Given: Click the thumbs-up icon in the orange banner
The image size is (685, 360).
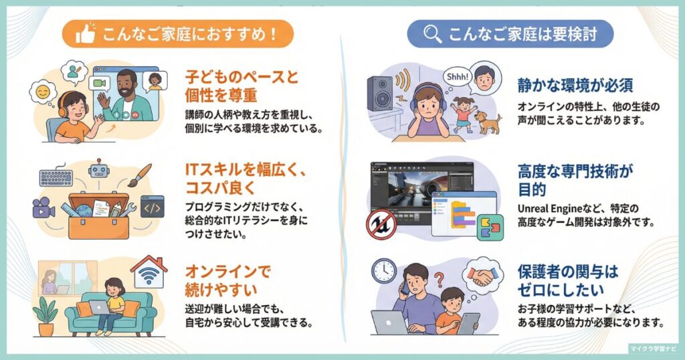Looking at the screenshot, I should click(x=85, y=34).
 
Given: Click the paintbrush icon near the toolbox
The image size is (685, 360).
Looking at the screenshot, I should click(x=138, y=175).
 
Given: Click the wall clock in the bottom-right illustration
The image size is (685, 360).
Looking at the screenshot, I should click(x=384, y=270).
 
